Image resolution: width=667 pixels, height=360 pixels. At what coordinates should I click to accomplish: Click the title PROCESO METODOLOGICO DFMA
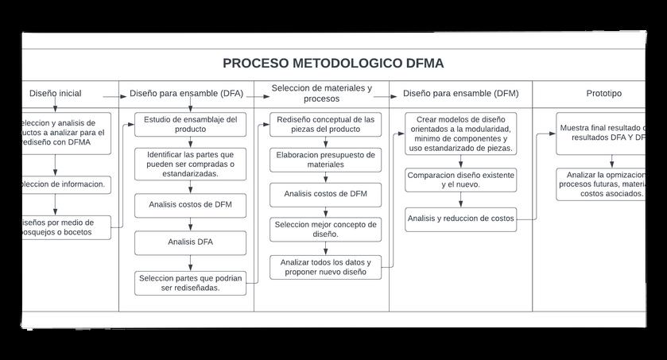tap(333, 64)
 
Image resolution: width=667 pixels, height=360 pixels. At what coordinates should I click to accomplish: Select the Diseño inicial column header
tap(55, 94)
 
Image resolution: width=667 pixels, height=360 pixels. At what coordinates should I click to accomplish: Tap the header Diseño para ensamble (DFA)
tap(186, 94)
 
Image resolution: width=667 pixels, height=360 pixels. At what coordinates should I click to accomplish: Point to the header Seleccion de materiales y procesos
tap(321, 93)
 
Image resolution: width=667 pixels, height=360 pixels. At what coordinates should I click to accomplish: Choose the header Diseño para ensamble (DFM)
tap(460, 94)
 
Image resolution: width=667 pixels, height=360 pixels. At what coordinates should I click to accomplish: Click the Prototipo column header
tap(603, 94)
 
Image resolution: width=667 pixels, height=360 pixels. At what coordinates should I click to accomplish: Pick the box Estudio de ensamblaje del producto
tap(190, 124)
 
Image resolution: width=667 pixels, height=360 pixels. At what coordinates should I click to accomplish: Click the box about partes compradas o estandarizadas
tap(190, 163)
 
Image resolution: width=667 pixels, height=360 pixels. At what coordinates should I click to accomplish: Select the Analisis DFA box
tap(190, 242)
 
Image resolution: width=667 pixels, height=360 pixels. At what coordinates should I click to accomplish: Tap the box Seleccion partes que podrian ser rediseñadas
tap(190, 283)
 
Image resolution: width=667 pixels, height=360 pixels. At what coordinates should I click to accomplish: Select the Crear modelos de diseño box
tap(460, 134)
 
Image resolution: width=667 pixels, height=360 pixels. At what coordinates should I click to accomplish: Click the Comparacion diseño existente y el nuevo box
tap(460, 180)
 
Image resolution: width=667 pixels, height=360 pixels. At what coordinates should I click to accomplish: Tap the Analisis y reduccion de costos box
tap(460, 219)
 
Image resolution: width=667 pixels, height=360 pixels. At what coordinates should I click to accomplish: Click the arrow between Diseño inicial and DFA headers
tap(121, 95)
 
